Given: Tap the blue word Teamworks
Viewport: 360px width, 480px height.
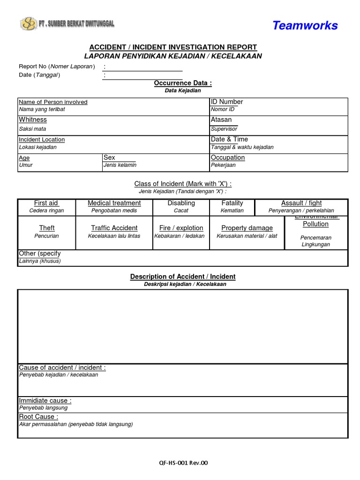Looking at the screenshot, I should click(305, 25).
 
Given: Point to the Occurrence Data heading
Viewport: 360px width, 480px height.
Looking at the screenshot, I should click(183, 83).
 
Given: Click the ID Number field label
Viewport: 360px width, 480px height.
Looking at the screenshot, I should click(227, 102).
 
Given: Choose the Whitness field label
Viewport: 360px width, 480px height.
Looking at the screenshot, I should click(33, 120).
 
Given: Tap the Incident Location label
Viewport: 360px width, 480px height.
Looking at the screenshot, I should click(42, 140).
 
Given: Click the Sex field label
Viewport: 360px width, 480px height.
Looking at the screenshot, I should click(109, 157).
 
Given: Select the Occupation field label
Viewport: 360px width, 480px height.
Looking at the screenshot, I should click(228, 157).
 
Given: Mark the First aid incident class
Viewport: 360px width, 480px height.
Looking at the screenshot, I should click(46, 203).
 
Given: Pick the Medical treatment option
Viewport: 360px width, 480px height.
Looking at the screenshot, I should click(114, 203).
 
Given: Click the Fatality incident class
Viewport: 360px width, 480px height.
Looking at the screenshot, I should click(232, 203).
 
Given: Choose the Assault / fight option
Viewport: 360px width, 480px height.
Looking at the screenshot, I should click(301, 203).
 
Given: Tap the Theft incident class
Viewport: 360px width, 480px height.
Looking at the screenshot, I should click(47, 228).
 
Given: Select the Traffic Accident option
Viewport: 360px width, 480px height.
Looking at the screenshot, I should click(114, 228).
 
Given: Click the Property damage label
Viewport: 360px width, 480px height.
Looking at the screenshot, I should click(247, 228).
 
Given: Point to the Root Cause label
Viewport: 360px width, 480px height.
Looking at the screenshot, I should click(38, 417).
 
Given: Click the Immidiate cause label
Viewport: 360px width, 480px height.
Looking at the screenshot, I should click(45, 401).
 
